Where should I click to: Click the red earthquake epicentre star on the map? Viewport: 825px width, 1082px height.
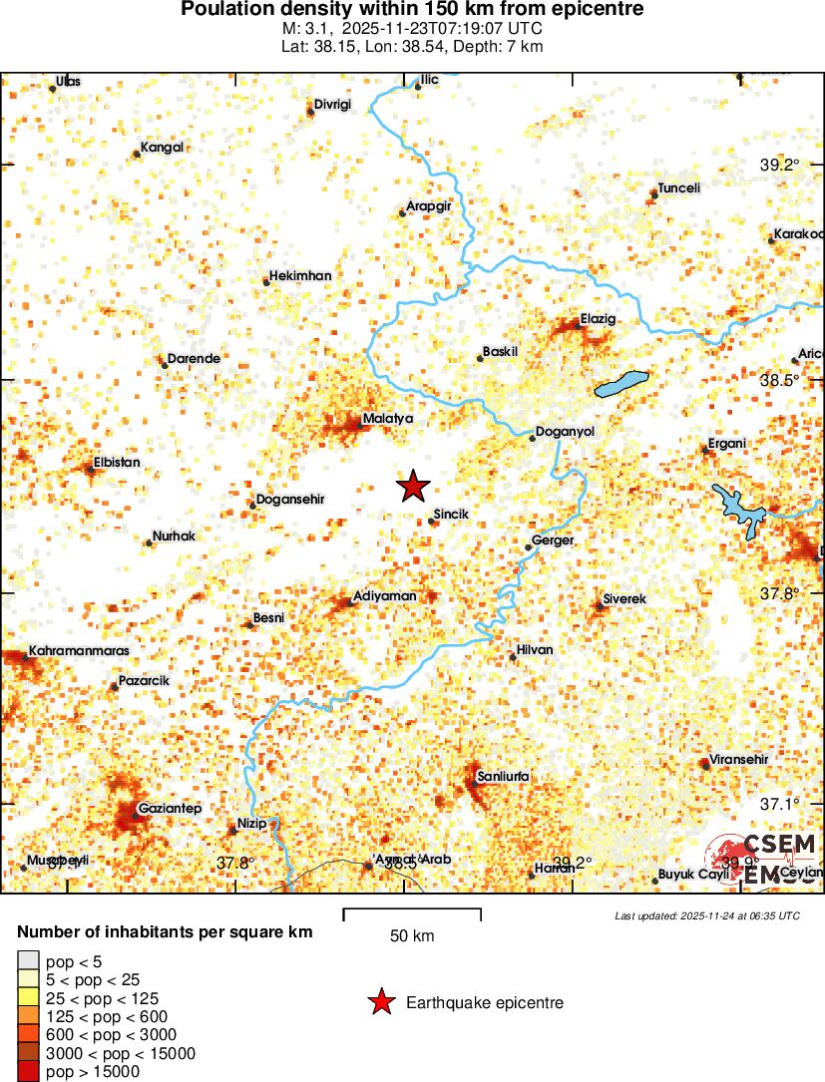[x=413, y=487]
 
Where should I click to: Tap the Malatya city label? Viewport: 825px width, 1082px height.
[x=387, y=419]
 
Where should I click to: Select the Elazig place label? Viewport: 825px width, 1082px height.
[x=599, y=320]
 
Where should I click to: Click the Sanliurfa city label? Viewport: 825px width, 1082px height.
[x=503, y=776]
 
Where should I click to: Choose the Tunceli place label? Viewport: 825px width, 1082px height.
[x=678, y=188]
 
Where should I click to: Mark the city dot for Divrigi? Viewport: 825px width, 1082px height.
[x=311, y=111]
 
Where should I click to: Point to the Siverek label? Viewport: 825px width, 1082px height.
[x=624, y=598]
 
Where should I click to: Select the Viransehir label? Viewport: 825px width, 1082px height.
[x=738, y=760]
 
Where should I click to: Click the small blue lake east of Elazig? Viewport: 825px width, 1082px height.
[x=620, y=384]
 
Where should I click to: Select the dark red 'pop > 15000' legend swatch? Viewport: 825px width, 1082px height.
[x=28, y=1072]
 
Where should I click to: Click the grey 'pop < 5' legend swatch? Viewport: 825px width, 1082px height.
[x=28, y=961]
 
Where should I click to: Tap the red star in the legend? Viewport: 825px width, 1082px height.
[x=381, y=1003]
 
